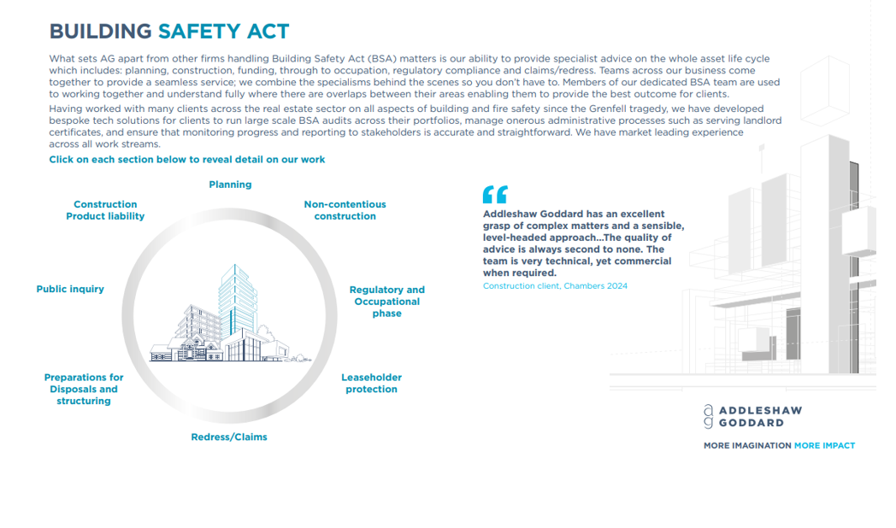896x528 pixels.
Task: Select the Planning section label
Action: [230, 185]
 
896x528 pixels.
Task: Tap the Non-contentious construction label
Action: [345, 210]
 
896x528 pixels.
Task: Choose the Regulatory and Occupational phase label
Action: [386, 302]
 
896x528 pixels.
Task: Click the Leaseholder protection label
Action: [371, 383]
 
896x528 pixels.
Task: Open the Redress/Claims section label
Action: [229, 437]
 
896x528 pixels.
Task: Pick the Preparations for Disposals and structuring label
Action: [84, 389]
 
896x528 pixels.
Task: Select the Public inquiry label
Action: [70, 289]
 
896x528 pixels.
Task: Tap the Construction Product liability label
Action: [105, 210]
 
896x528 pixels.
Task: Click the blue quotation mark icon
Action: [494, 194]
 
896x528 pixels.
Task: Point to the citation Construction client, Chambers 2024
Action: [555, 286]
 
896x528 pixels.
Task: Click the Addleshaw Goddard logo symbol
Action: [708, 416]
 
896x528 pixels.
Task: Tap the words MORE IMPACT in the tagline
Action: [824, 446]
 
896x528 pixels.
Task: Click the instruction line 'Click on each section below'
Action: [187, 160]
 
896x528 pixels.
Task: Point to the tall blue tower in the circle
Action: [237, 299]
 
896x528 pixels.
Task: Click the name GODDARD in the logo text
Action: [751, 423]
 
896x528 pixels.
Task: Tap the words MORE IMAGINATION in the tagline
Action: [746, 446]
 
